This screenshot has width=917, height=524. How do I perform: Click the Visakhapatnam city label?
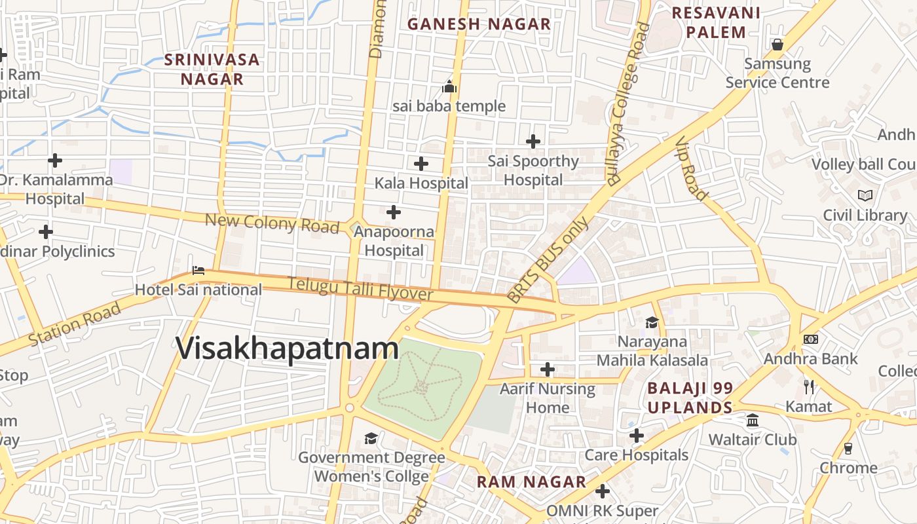point(287,348)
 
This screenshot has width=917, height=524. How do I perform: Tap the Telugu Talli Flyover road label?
point(360,290)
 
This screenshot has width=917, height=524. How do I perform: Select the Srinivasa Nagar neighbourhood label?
point(212,69)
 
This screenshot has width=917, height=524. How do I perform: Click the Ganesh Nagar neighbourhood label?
point(479,24)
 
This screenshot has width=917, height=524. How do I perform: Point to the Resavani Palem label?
point(716,22)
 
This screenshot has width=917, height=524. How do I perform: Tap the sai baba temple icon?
point(449,86)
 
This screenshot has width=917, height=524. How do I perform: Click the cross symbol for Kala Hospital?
point(421,163)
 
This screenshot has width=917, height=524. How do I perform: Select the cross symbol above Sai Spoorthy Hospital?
point(533,141)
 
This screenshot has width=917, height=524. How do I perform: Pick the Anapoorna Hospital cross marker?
point(393,212)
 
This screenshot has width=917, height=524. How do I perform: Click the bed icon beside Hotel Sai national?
point(198,270)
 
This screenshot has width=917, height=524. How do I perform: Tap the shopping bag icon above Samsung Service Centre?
point(777,45)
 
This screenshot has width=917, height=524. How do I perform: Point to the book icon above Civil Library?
point(865,195)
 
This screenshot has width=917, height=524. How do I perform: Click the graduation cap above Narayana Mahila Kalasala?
point(652,322)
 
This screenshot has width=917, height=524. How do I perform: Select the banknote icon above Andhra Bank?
point(810,339)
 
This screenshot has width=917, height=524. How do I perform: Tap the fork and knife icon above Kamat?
point(808,386)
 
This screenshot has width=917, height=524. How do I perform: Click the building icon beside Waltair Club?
point(753,419)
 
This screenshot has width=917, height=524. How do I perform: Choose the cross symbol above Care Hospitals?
point(636,436)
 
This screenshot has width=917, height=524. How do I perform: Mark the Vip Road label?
point(692,168)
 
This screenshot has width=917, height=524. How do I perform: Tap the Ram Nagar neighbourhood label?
point(531,482)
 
